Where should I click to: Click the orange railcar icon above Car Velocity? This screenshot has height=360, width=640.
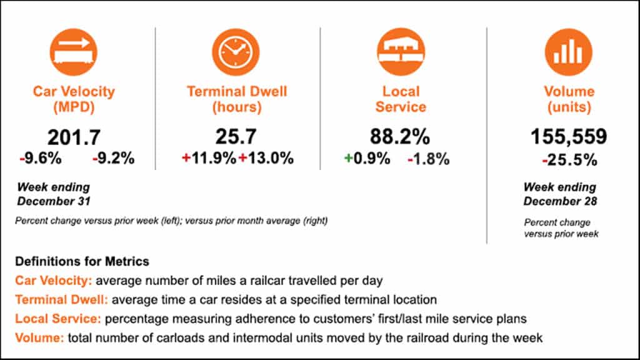(x=74, y=51)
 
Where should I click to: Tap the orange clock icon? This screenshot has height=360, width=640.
(x=236, y=51)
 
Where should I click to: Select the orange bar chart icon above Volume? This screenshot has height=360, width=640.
(x=568, y=51)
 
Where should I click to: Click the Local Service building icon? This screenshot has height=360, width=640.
(x=401, y=51)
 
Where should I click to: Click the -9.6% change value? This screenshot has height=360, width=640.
(x=41, y=159)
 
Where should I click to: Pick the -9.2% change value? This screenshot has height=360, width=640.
(x=113, y=159)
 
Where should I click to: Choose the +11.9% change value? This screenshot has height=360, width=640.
(x=209, y=159)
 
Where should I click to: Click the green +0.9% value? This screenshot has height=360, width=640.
(x=367, y=159)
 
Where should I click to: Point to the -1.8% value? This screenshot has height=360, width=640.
(x=428, y=159)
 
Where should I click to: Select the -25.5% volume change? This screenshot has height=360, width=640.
(x=568, y=160)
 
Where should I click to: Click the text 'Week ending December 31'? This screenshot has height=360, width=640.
(x=53, y=194)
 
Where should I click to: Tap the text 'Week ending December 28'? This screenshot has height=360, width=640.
(x=559, y=194)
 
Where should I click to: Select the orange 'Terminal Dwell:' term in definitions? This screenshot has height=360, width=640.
(x=54, y=299)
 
